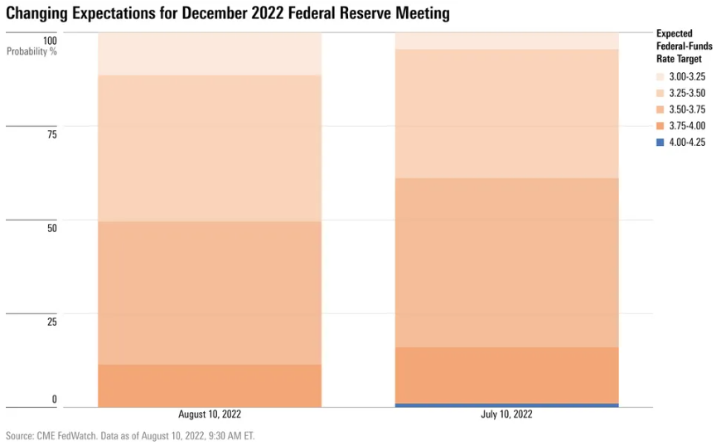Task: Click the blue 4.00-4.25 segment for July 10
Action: [506, 405]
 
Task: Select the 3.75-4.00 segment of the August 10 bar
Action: [210, 385]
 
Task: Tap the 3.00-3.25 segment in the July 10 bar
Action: [506, 41]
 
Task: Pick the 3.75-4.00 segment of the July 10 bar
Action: [506, 375]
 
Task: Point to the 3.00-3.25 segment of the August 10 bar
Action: [210, 54]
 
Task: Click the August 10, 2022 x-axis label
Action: [210, 414]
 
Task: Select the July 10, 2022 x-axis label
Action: [506, 414]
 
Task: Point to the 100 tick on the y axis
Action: [50, 41]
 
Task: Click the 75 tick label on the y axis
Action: [52, 134]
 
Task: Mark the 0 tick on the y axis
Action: [55, 400]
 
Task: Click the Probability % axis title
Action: [32, 52]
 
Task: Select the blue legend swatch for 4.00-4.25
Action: [660, 142]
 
